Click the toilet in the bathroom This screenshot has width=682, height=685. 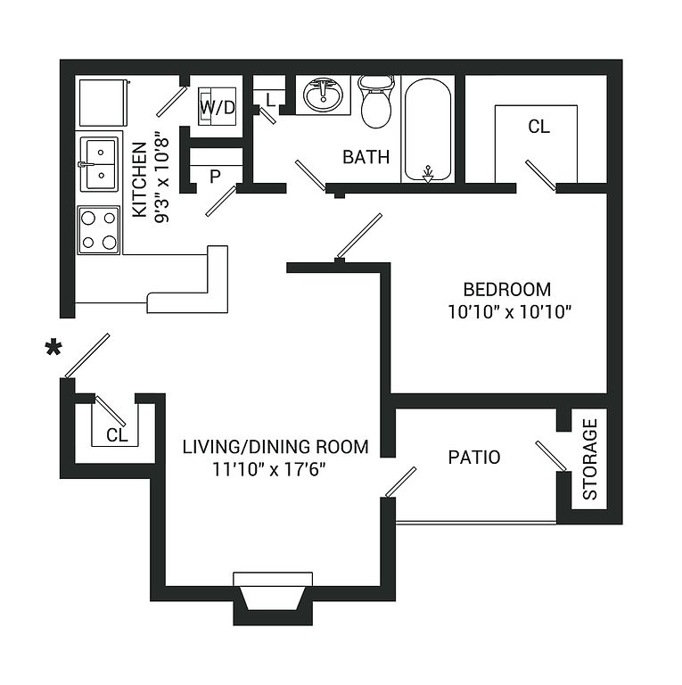click(376, 102)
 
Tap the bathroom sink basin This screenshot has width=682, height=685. click(323, 95)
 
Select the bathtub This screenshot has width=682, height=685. click(428, 129)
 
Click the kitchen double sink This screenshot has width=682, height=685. click(99, 164)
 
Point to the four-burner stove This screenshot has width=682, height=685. click(99, 230)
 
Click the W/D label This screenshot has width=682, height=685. click(218, 107)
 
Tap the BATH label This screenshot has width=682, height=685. click(366, 157)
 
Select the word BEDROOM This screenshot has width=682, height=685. click(507, 290)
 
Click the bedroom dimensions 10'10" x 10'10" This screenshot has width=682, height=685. click(510, 312)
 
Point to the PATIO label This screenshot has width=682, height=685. click(474, 458)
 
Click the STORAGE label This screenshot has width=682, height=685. click(590, 459)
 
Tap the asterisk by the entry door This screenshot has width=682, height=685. click(53, 347)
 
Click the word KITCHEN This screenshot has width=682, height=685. click(139, 179)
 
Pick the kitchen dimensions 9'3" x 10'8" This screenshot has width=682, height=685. click(161, 177)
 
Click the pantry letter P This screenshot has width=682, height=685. click(215, 177)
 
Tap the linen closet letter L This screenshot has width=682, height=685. click(271, 100)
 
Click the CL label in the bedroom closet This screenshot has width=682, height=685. click(538, 127)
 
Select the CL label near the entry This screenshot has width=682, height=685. click(117, 435)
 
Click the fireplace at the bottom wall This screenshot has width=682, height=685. click(273, 598)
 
